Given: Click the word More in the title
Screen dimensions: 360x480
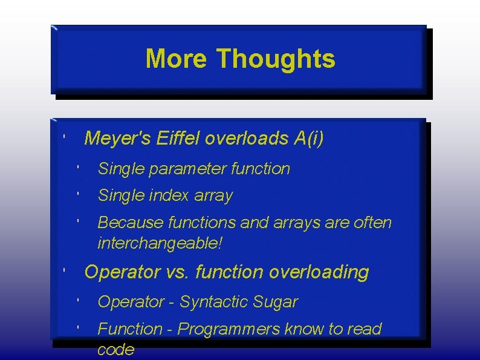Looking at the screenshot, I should coord(177,59).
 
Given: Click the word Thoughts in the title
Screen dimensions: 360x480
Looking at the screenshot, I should coord(276,59).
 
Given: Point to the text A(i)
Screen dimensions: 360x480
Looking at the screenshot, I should coord(308,139).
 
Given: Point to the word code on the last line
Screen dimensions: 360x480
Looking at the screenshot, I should coord(115,350).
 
